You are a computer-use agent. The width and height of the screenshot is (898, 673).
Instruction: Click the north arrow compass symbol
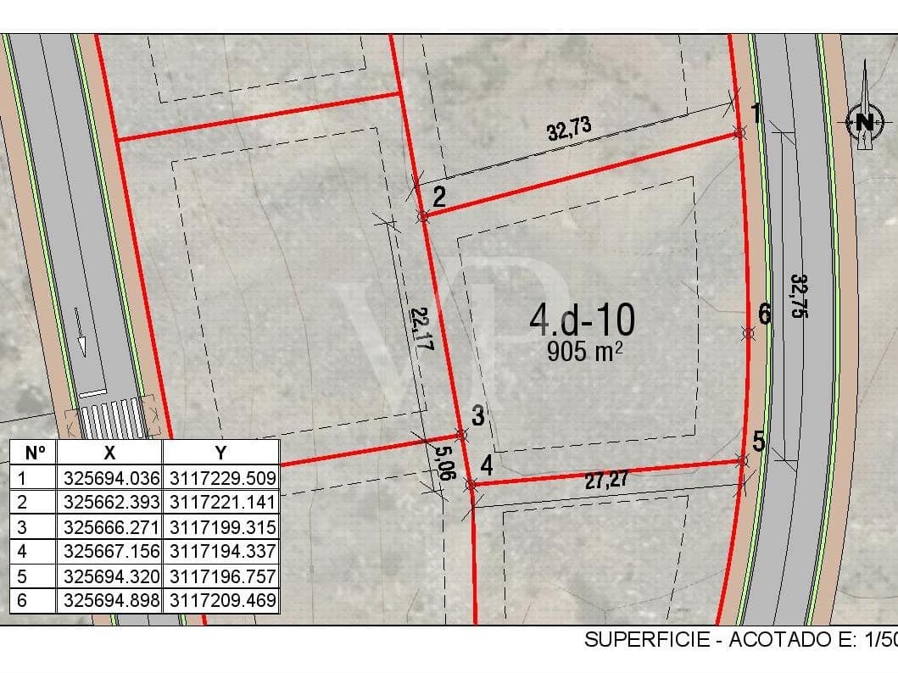(864, 121)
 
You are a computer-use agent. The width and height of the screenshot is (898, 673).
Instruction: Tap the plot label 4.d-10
(582, 320)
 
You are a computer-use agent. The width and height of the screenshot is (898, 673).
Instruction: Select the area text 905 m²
(585, 351)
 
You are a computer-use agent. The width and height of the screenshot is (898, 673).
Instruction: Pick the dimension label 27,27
(607, 480)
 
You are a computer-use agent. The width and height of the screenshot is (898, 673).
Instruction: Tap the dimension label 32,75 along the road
(797, 296)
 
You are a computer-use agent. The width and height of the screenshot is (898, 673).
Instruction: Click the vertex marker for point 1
(739, 133)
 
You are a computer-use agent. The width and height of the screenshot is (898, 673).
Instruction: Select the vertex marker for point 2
(422, 217)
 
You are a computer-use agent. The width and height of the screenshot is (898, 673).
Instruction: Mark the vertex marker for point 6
(748, 333)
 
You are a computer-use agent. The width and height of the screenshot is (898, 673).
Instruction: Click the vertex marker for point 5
(742, 460)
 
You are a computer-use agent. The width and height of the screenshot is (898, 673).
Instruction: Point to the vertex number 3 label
(478, 416)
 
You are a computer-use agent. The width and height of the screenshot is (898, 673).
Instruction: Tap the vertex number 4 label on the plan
(486, 465)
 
